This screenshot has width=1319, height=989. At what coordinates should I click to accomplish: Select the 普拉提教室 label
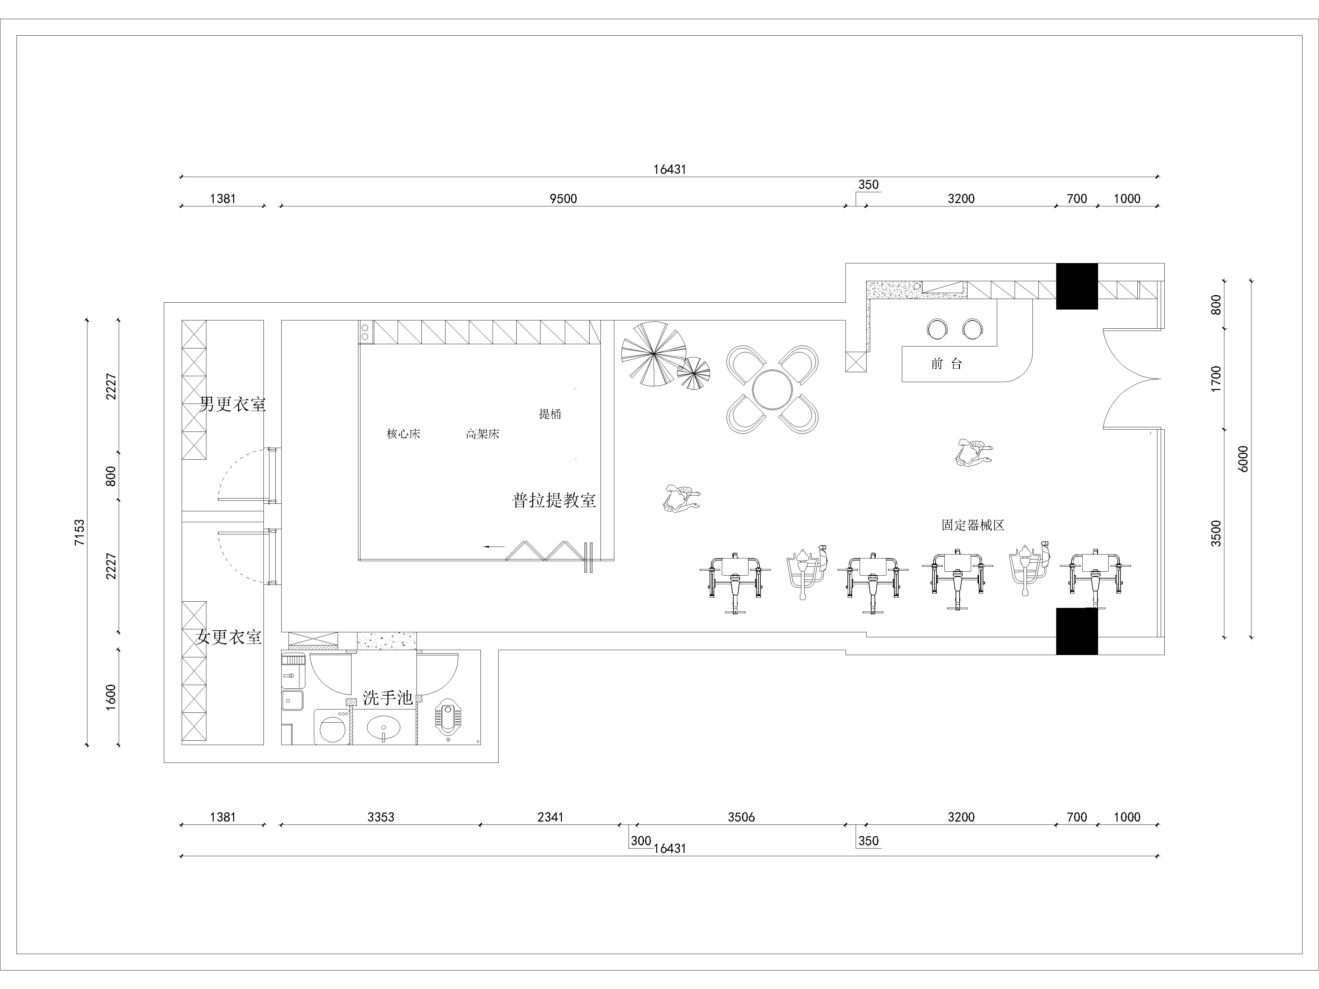click(554, 499)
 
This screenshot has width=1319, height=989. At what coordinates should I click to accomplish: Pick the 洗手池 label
click(387, 698)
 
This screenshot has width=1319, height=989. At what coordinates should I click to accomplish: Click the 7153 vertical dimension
click(80, 532)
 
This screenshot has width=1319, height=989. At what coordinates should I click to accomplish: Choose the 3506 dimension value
click(741, 817)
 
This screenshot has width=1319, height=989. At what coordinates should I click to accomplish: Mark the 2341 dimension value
click(550, 817)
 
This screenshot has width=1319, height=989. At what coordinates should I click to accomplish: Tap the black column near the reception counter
click(1077, 286)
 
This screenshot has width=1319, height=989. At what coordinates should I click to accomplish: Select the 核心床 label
click(404, 434)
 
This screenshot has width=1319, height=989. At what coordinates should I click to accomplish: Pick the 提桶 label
click(550, 414)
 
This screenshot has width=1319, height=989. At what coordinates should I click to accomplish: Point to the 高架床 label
click(482, 434)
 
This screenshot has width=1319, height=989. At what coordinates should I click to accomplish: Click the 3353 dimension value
click(381, 817)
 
